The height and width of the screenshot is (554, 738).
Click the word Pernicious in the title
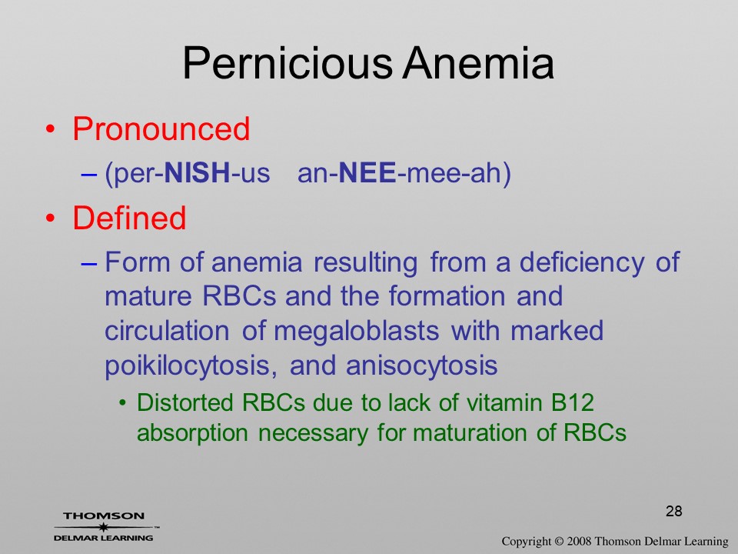[x=287, y=63]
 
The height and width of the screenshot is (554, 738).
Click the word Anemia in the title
[x=478, y=63]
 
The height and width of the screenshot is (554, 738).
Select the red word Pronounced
[x=161, y=128]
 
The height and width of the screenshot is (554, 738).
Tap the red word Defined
[x=129, y=218]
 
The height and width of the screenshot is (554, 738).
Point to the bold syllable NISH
[x=198, y=172]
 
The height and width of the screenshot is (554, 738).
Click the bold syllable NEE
[x=367, y=172]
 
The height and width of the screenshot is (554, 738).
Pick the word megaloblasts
[x=356, y=332]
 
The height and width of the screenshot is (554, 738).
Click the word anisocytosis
[x=422, y=366]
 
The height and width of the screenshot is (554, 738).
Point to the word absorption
[x=192, y=434]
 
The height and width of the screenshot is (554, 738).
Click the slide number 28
[x=674, y=511]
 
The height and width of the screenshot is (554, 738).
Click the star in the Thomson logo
[x=103, y=527]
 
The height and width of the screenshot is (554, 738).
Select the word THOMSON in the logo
[x=104, y=516]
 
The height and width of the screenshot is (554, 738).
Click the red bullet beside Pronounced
[x=51, y=129]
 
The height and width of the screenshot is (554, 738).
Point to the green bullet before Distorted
[x=123, y=403]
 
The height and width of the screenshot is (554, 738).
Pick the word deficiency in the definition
[x=582, y=263]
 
